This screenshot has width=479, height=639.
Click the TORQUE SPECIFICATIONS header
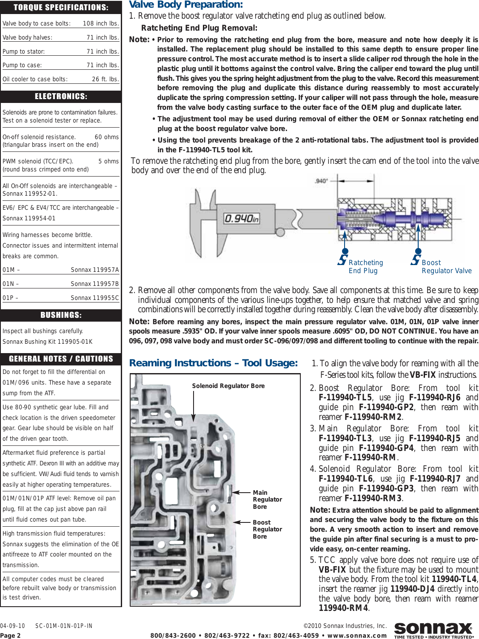61,7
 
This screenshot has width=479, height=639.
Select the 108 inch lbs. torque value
101,24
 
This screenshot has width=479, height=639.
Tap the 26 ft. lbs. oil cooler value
105,79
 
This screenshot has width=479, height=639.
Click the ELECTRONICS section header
61,97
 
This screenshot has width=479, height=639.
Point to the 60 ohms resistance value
107,137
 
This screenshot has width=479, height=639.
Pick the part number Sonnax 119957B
94,284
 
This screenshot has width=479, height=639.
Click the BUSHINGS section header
61,315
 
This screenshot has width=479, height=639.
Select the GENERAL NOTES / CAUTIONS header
61,359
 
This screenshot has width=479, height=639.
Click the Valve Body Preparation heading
186,5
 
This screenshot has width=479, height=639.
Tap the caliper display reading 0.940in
242,219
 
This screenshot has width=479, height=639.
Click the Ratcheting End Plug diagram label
365,267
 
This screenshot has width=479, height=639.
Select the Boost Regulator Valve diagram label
446,267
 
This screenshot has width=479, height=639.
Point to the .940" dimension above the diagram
321,181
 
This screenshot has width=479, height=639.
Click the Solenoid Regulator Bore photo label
228,386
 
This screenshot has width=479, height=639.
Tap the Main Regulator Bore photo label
267,499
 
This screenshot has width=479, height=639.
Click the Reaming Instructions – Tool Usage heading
213,363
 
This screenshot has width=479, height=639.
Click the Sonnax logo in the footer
433,629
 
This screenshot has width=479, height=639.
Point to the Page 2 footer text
10,636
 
